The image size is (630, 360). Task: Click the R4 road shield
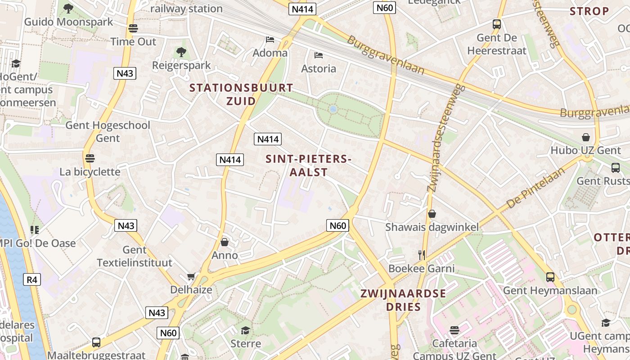click(31, 279)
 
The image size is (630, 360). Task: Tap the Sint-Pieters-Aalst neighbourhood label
click(308, 165)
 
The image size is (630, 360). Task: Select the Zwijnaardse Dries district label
click(403, 300)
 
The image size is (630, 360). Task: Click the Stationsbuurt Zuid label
click(241, 94)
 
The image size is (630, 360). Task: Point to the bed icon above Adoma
click(270, 40)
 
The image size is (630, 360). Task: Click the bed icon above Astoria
click(319, 55)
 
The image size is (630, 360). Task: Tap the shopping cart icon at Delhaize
click(191, 276)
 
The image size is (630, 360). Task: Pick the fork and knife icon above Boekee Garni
click(422, 255)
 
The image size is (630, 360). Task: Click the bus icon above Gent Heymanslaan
click(550, 277)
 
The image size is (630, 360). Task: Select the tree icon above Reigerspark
click(181, 52)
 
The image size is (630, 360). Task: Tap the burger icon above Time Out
click(133, 28)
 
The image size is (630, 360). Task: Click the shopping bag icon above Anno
click(225, 242)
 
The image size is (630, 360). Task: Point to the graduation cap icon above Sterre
click(245, 331)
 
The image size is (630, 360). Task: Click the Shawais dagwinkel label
click(432, 227)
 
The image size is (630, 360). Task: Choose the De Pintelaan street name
click(535, 188)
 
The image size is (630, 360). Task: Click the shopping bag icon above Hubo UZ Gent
click(586, 137)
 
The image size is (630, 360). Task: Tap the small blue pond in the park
click(333, 108)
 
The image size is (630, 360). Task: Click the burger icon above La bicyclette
click(90, 158)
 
